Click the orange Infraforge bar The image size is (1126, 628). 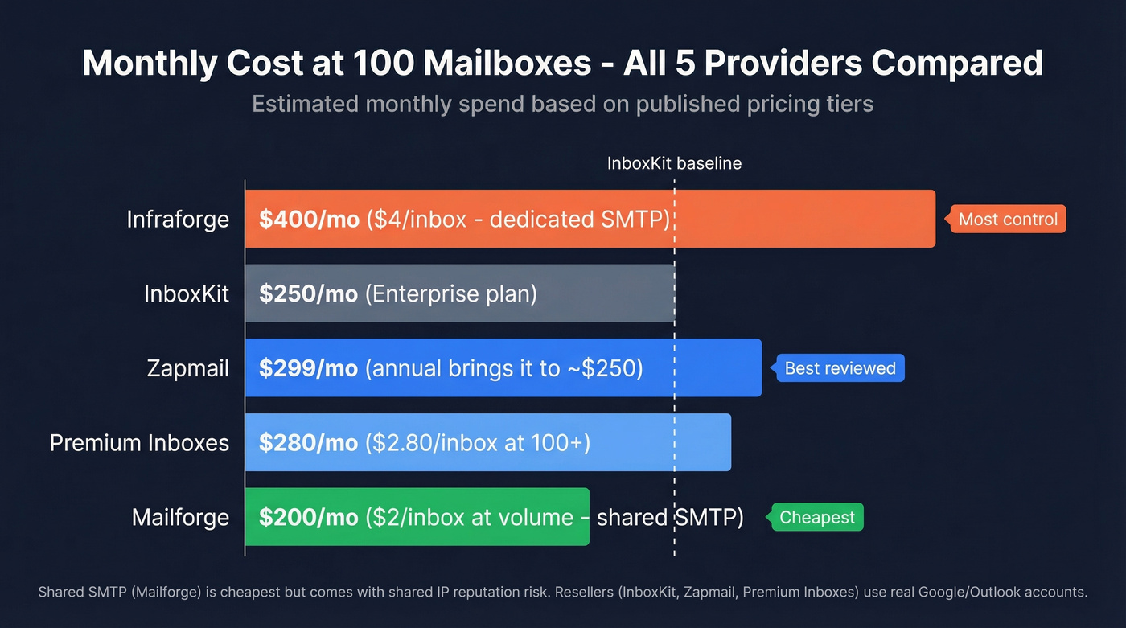point(804,219)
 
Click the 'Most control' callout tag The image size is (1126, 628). point(1009,219)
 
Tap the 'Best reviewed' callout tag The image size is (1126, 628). point(840,368)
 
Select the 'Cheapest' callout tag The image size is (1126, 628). point(817,517)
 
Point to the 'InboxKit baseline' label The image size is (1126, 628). point(674,163)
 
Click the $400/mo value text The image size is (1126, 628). point(309,219)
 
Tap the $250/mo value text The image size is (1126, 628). point(309,293)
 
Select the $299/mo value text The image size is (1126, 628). point(309,368)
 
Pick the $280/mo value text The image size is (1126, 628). point(309,442)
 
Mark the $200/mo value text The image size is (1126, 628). point(309,517)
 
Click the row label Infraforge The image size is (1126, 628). point(178,219)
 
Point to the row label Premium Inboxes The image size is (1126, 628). point(139,442)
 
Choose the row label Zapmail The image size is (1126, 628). point(187,368)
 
